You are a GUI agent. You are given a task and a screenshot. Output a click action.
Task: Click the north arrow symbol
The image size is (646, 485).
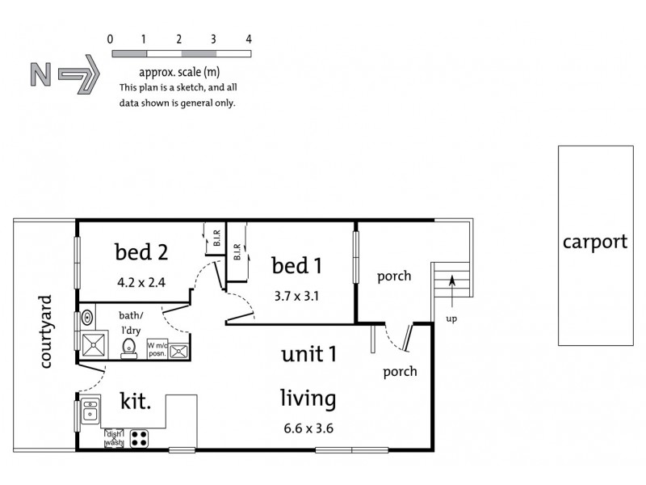pos(65,74)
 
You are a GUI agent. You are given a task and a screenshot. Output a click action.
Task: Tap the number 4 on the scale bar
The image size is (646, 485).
pos(249,39)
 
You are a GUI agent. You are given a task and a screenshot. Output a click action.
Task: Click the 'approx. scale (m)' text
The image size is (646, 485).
pos(179,71)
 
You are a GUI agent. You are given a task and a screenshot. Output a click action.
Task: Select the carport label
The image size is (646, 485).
pos(595,242)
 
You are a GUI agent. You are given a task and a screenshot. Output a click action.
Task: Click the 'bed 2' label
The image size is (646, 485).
pos(141,252)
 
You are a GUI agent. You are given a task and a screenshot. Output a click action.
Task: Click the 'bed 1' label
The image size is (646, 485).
pos(296,265)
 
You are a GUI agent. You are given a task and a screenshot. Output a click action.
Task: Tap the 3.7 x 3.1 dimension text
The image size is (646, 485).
pos(295,296)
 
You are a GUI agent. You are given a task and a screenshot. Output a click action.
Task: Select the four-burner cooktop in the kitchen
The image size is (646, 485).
pos(138,438)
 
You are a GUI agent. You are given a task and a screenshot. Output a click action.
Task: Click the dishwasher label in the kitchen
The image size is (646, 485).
pos(113,438)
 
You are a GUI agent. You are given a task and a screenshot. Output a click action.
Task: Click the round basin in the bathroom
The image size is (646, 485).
pos(87,316)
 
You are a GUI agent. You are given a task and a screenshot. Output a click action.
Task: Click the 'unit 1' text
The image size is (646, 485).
pos(308,355)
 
